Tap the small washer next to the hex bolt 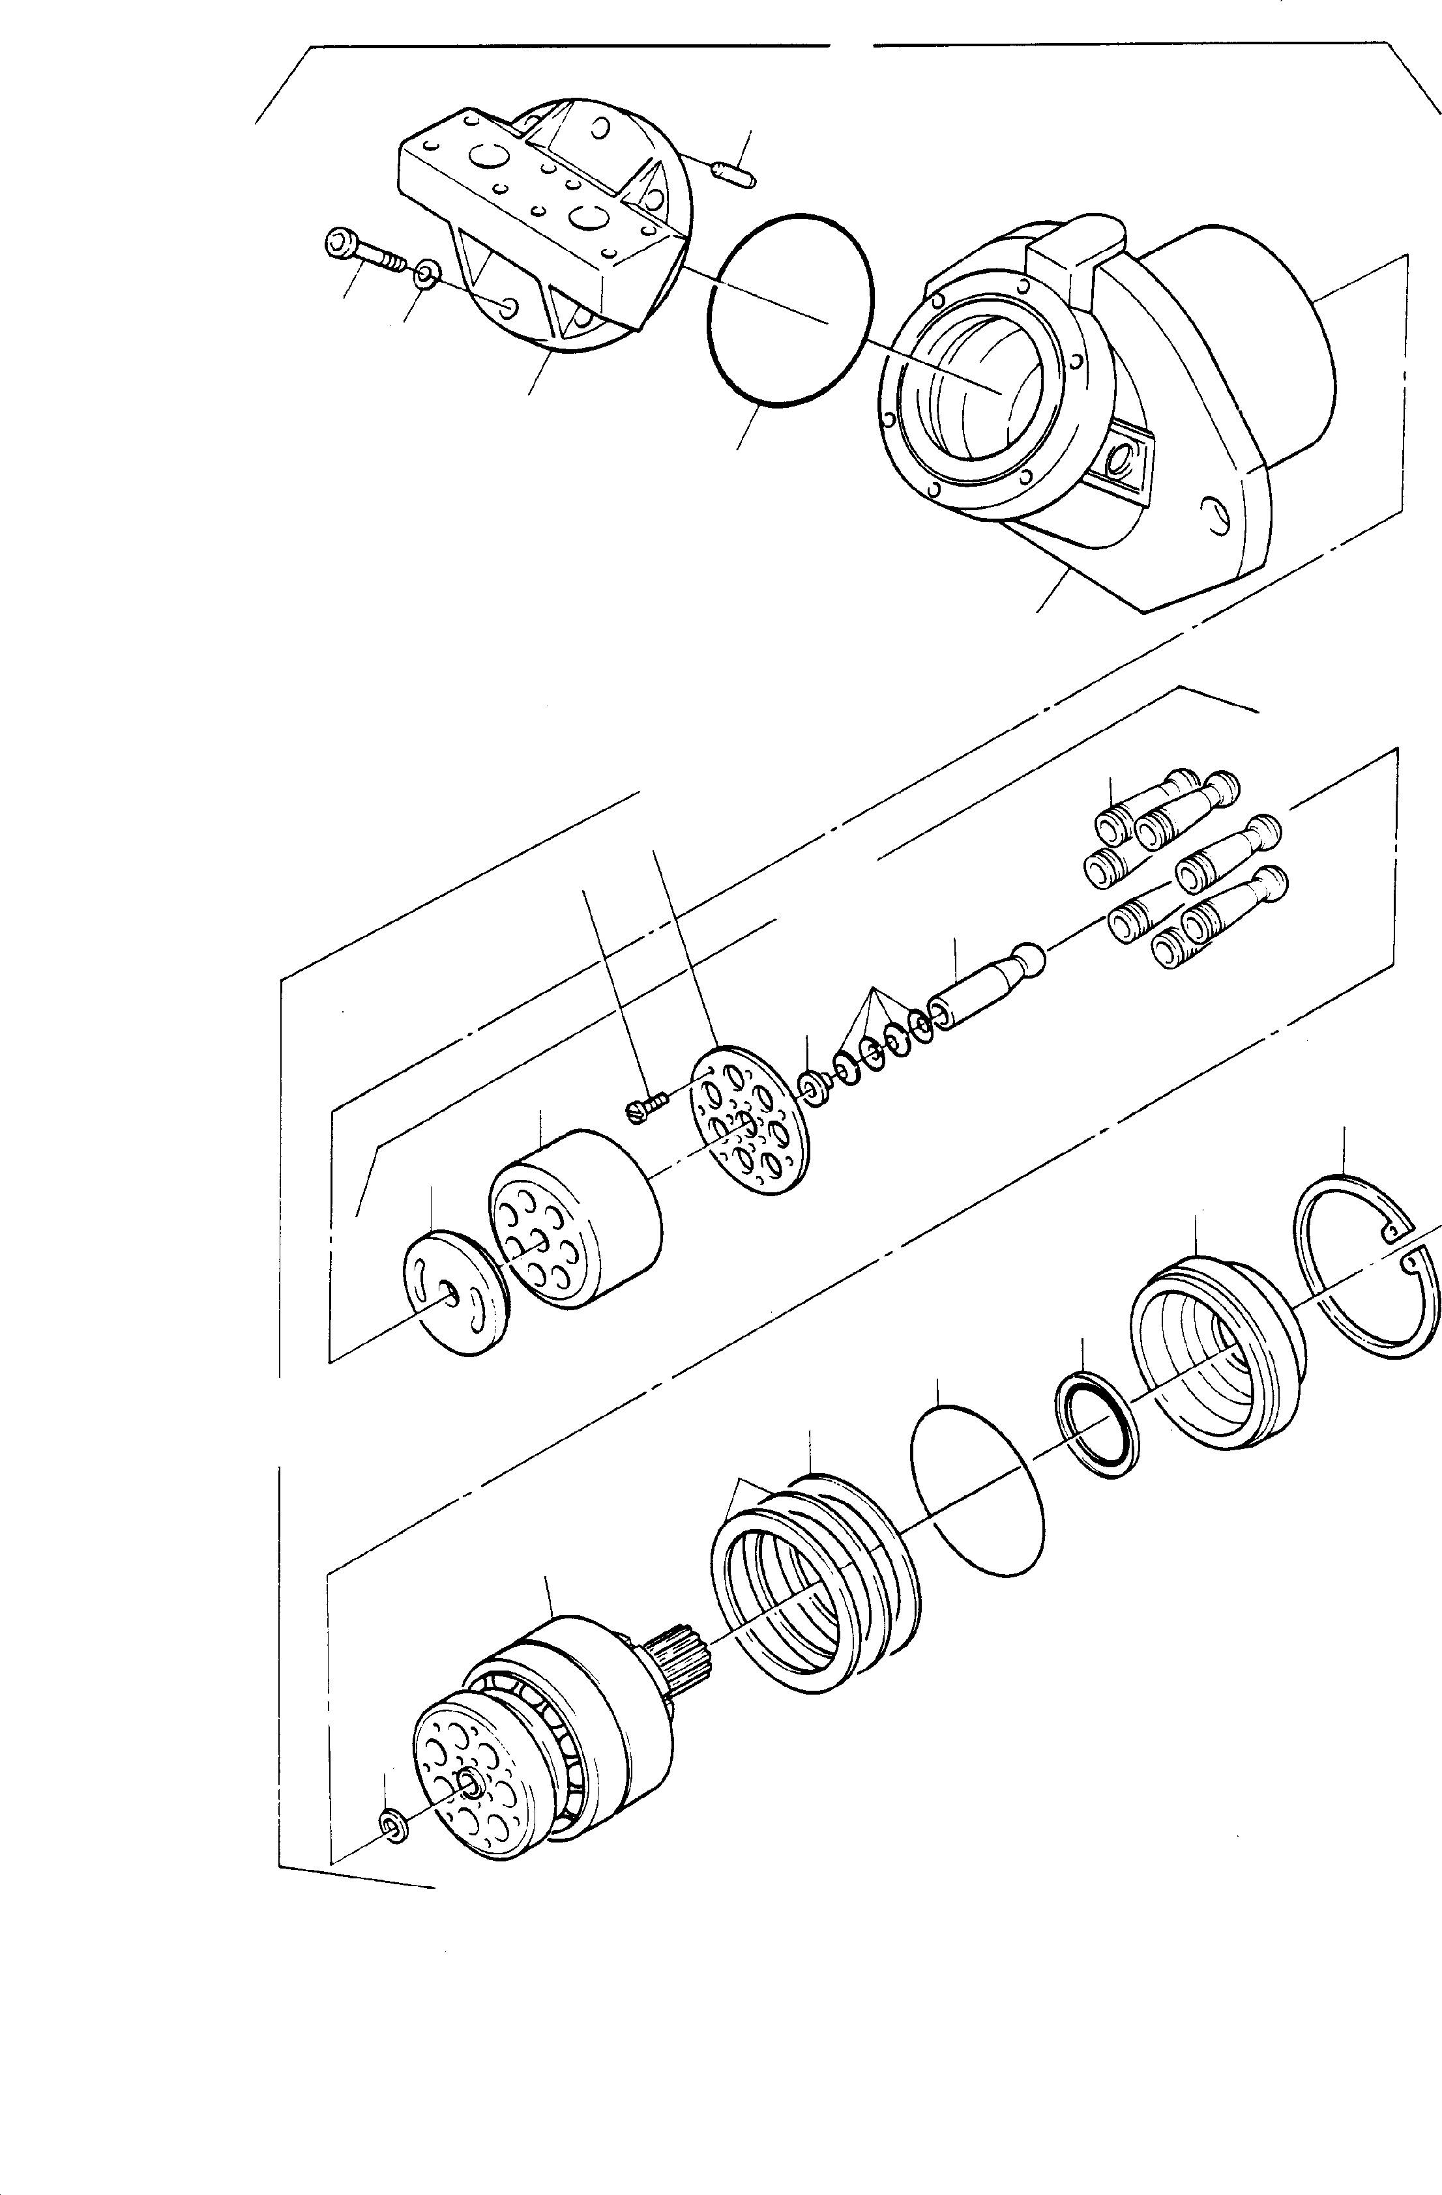(x=426, y=273)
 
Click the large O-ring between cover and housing (x=789, y=309)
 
